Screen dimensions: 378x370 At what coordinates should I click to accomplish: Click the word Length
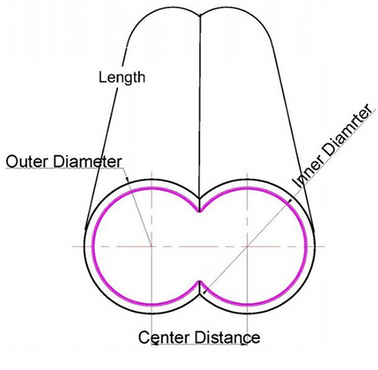[x=122, y=78]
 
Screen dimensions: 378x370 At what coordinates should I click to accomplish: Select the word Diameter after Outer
[x=88, y=162]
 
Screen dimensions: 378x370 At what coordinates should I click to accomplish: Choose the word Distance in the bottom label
[x=227, y=338]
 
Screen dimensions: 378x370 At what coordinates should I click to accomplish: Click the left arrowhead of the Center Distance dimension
[x=154, y=344]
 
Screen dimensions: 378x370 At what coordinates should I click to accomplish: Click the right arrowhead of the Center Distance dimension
[x=244, y=344]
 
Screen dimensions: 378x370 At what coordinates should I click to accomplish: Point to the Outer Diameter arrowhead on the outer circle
[x=127, y=179]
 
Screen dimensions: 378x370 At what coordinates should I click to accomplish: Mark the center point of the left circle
[x=151, y=246]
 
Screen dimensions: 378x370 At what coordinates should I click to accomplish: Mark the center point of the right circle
[x=247, y=246]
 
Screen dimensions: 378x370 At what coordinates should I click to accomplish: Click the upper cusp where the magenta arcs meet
[x=200, y=211]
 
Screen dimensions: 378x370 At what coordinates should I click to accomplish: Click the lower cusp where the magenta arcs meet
[x=200, y=281]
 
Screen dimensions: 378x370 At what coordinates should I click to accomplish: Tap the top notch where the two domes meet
[x=200, y=15]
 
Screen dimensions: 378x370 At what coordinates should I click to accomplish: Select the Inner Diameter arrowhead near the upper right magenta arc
[x=290, y=201]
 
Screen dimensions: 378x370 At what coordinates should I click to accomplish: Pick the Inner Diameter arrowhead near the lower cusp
[x=205, y=291]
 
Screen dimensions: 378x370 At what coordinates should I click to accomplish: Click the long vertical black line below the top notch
[x=200, y=113]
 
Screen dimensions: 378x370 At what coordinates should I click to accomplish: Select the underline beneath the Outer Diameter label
[x=64, y=168]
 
